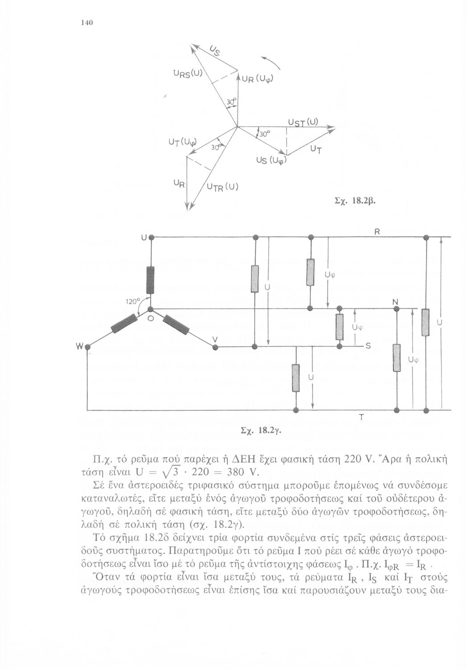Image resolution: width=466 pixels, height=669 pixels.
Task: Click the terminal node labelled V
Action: [x=214, y=347]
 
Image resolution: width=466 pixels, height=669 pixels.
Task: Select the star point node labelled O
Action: [x=150, y=309]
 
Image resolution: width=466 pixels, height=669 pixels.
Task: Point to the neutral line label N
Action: [x=395, y=302]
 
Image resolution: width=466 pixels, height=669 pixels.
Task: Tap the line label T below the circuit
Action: [x=361, y=417]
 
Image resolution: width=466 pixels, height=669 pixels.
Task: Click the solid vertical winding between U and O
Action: [x=150, y=280]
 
